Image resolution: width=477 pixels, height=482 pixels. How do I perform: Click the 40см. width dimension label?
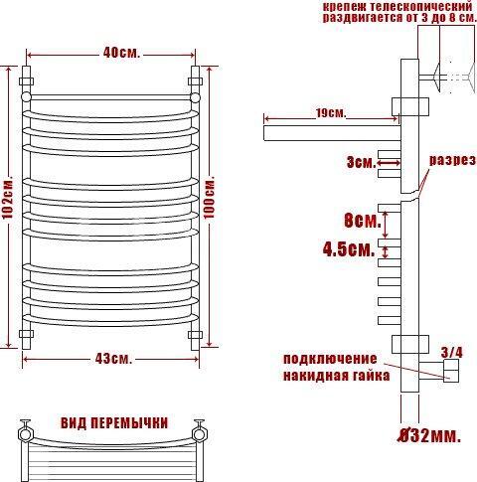pyautogui.click(x=121, y=53)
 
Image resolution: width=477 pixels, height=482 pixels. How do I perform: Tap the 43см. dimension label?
pyautogui.click(x=113, y=359)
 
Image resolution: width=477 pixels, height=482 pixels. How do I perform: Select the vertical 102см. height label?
pyautogui.click(x=7, y=199)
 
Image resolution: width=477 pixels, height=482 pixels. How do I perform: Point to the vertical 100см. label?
pyautogui.click(x=209, y=198)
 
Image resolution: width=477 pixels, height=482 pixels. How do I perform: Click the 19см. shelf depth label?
pyautogui.click(x=330, y=113)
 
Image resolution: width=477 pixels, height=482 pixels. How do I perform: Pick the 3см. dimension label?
pyautogui.click(x=362, y=163)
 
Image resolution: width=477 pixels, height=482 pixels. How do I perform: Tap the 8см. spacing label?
pyautogui.click(x=363, y=221)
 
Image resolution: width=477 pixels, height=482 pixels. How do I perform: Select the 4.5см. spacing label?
pyautogui.click(x=349, y=248)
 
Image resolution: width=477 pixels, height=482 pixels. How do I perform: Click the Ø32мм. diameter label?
pyautogui.click(x=429, y=436)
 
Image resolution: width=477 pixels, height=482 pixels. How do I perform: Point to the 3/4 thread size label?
pyautogui.click(x=452, y=352)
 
